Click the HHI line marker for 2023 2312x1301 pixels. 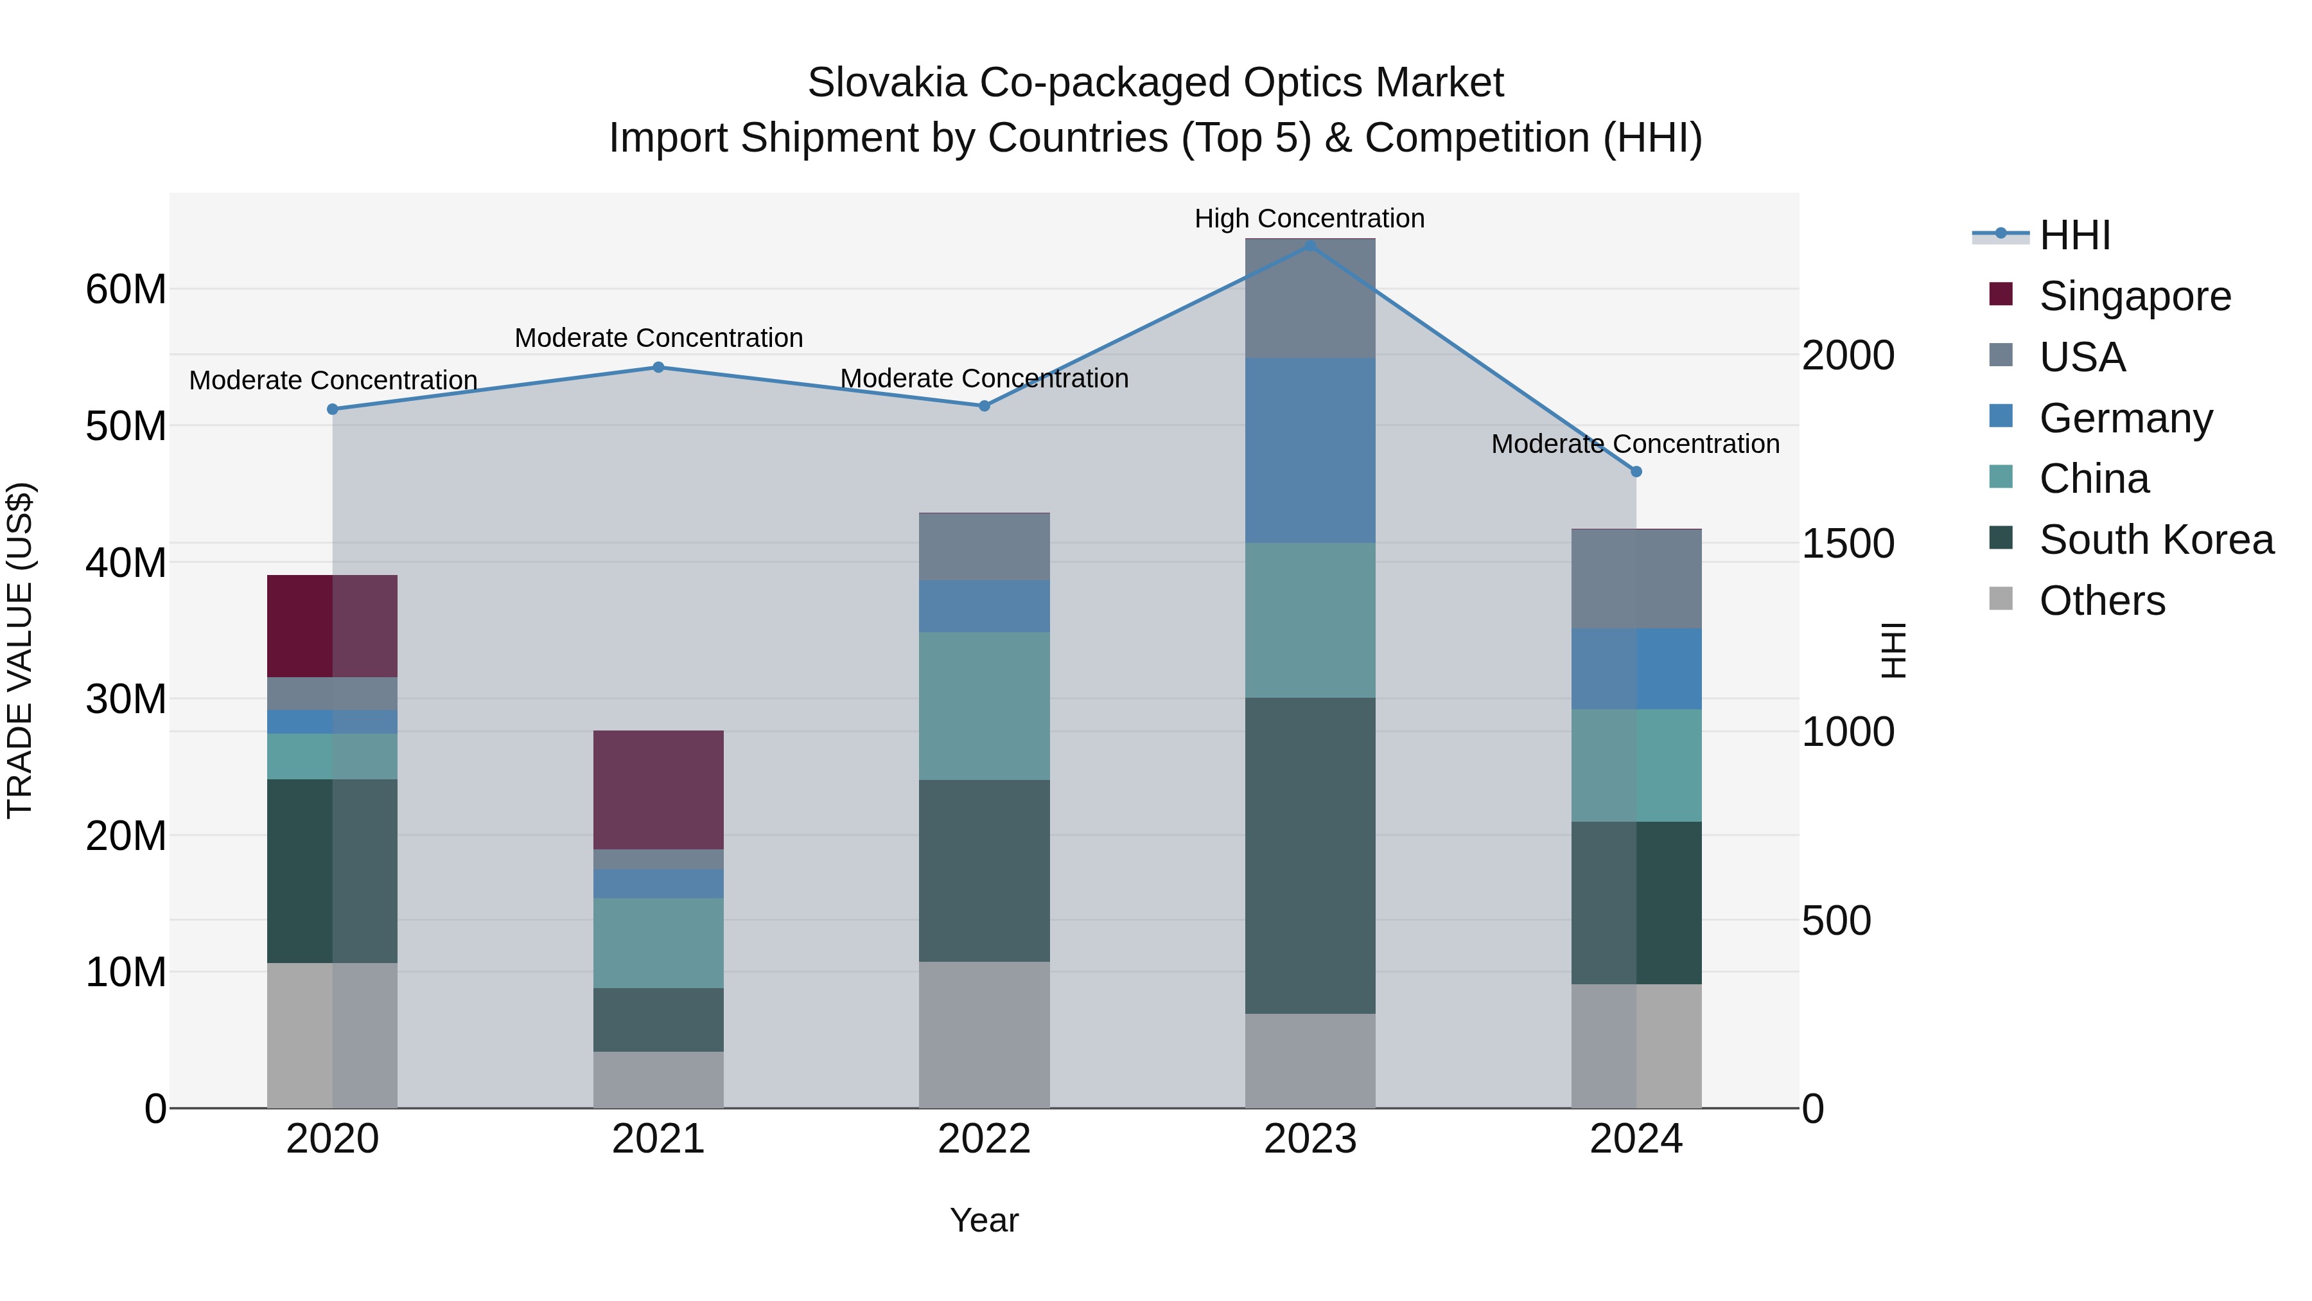click(x=1309, y=245)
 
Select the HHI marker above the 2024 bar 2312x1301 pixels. click(x=1636, y=472)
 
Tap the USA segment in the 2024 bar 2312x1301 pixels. click(x=1636, y=579)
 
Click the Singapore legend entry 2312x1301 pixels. click(x=2134, y=296)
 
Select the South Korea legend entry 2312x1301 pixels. click(x=2156, y=540)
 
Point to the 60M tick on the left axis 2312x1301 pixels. click(x=126, y=289)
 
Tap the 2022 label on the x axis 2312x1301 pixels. click(x=984, y=1139)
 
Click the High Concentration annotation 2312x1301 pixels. click(x=1309, y=218)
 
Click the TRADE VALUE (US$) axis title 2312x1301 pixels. click(x=20, y=650)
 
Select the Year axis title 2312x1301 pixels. click(x=984, y=1220)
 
